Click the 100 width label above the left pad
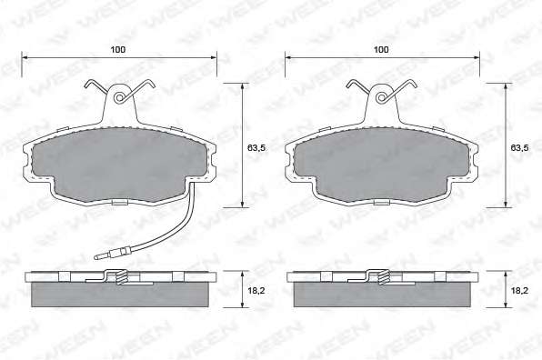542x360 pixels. pos(118,49)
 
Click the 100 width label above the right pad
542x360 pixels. pos(381,49)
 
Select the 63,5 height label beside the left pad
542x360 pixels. pos(256,148)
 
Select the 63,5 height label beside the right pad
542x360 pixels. pos(519,148)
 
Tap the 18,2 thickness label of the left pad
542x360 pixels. pos(256,291)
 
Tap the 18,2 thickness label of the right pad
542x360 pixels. pos(519,291)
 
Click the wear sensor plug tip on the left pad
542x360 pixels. pos(96,256)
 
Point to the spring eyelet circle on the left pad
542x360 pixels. pos(120,98)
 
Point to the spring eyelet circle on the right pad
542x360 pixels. pos(382,98)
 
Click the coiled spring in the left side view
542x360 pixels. pos(121,277)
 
